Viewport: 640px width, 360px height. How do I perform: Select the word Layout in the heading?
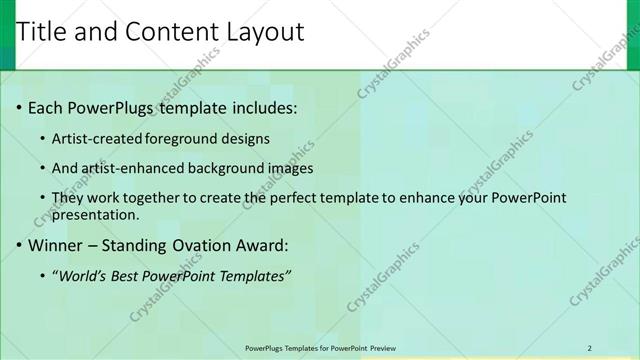coord(265,32)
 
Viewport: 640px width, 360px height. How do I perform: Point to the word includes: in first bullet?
coord(262,107)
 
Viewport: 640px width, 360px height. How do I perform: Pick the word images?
coord(289,168)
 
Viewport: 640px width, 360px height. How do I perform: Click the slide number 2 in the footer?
coord(590,347)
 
